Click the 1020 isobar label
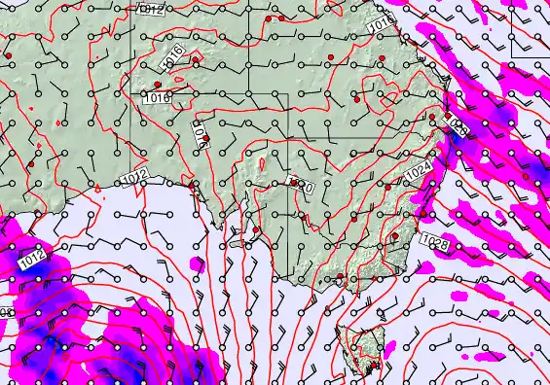(x=304, y=185)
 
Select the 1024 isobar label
(x=417, y=169)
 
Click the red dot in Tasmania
(x=371, y=367)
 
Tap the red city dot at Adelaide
(x=256, y=230)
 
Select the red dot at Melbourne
(x=338, y=282)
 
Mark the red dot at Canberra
(x=394, y=235)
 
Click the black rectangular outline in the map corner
(x=531, y=29)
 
